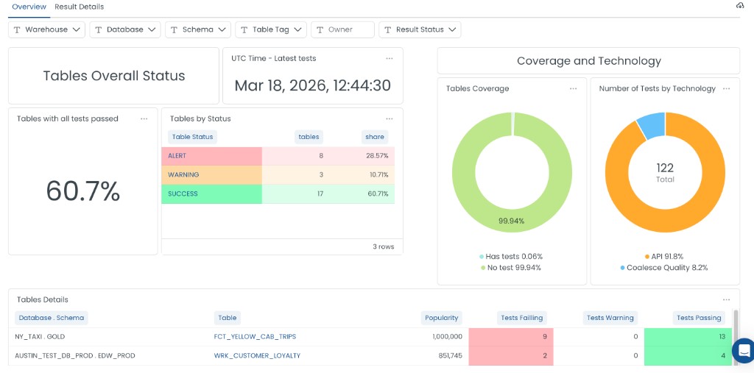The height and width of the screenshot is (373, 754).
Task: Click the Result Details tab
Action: [79, 7]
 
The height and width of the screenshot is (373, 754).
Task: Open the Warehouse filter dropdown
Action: [46, 29]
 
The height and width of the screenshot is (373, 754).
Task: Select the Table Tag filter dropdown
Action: [270, 29]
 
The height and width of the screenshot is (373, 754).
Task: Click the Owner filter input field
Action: [343, 29]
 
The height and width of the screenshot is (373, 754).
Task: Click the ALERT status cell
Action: [211, 156]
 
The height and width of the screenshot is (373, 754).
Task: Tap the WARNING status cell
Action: [211, 175]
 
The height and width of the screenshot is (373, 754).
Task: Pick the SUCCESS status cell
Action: [211, 194]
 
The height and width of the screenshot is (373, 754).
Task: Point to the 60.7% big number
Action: [82, 191]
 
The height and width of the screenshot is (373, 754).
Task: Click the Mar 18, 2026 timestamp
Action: [312, 85]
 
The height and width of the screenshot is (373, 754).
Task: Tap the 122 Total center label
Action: [665, 173]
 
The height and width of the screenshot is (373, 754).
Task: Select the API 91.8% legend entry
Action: [665, 256]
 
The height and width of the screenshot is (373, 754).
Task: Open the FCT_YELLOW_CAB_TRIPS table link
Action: [255, 336]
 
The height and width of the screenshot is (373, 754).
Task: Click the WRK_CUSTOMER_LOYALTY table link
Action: [257, 355]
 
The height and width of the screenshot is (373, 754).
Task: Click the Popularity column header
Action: [442, 318]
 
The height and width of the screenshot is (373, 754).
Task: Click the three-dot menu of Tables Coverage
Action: [573, 88]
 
